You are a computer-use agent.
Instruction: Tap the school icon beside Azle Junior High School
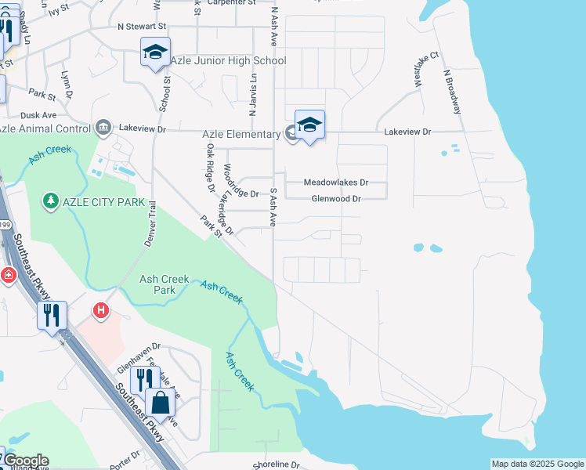coord(155,52)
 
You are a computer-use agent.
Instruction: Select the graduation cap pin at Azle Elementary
coord(309,125)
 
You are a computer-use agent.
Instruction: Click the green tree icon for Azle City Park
coord(51,202)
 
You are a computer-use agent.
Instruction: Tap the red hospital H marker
coord(100,311)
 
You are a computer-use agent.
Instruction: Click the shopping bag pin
coord(160,403)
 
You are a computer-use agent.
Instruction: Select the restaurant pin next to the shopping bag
coord(144,381)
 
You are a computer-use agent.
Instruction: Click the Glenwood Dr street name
coord(335,199)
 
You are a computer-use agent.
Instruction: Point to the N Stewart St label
coord(143,26)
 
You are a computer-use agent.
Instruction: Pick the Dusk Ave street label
coord(38,114)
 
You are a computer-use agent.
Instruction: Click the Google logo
coord(26,461)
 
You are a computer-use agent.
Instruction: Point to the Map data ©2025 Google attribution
coord(537,464)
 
